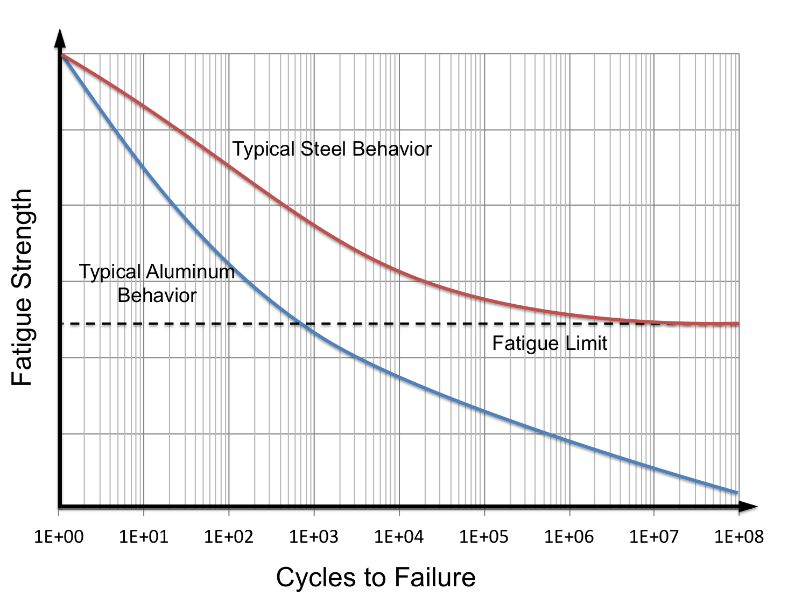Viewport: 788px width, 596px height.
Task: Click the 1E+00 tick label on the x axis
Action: coord(59,537)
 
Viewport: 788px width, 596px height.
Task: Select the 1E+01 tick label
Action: coord(144,537)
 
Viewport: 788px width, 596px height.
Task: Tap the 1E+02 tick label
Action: coord(229,537)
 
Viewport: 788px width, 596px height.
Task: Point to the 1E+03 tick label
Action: coord(314,537)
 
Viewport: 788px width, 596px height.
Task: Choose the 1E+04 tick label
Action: coord(399,537)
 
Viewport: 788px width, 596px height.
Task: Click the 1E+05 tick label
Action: coord(484,537)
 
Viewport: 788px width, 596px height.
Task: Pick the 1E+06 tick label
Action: coord(569,537)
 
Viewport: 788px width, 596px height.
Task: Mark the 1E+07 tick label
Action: coord(654,537)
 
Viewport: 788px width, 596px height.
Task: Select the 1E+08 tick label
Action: coord(739,537)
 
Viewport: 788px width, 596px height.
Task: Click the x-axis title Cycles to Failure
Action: coord(376,577)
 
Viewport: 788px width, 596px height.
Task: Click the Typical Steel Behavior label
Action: coord(332,149)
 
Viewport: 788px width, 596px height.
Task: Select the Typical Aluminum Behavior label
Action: coord(157,283)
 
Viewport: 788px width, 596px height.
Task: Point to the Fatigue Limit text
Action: coord(550,343)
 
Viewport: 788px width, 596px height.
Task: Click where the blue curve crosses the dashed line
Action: coord(300,324)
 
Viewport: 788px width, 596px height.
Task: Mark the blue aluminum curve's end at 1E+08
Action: coord(736,492)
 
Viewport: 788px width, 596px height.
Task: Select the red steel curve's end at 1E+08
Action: coord(737,324)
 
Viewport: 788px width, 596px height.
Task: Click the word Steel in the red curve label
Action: coord(323,149)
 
